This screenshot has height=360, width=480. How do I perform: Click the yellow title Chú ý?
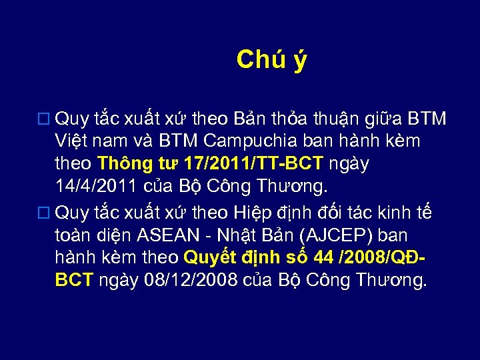[271, 60]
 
